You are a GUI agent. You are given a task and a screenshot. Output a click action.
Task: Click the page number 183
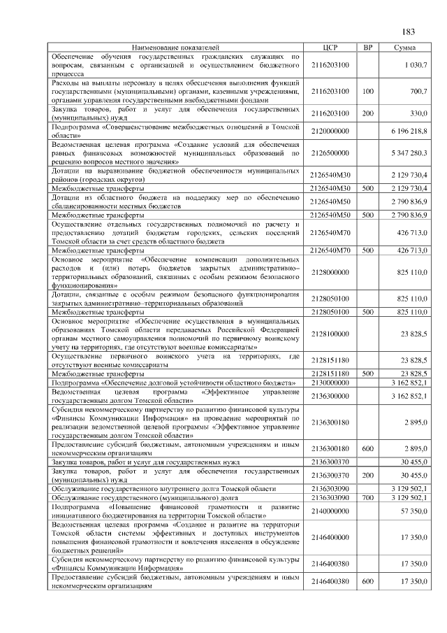pyautogui.click(x=409, y=31)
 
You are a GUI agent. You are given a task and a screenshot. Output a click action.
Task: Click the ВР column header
pyautogui.click(x=367, y=47)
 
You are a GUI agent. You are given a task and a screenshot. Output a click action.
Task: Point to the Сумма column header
pyautogui.click(x=405, y=47)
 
